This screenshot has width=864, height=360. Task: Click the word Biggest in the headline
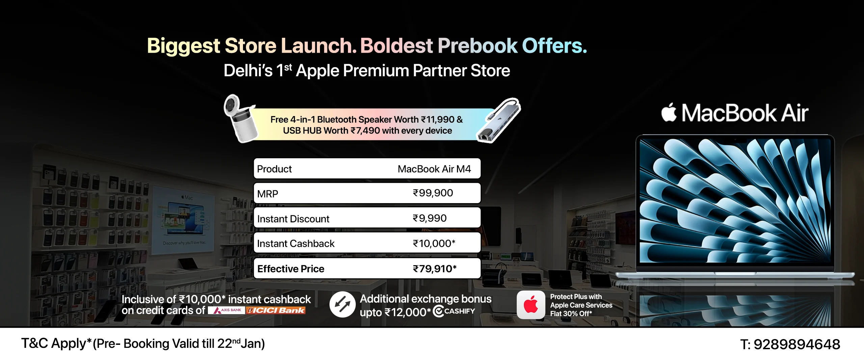pos(184,46)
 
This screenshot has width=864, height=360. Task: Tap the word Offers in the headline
pos(555,46)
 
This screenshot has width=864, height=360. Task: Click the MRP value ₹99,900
pos(433,193)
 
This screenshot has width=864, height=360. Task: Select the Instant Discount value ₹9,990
pos(430,218)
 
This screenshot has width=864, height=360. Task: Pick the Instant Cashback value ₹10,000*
pos(434,243)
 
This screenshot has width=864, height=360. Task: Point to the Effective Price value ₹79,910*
pos(435,269)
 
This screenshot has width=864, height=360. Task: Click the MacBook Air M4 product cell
pos(434,169)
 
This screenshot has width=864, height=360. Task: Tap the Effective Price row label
pos(291,269)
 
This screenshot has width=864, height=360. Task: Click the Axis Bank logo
pos(226,310)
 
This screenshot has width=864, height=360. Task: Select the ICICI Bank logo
pos(275,310)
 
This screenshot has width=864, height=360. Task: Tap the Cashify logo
pos(454,311)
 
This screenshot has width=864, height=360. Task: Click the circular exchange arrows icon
pos(342,304)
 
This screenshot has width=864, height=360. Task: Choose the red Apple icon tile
pos(531,305)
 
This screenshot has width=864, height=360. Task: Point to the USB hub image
pos(499,120)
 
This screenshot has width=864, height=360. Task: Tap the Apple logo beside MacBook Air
pos(669,112)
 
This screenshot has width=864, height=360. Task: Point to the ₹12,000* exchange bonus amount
pos(407,312)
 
